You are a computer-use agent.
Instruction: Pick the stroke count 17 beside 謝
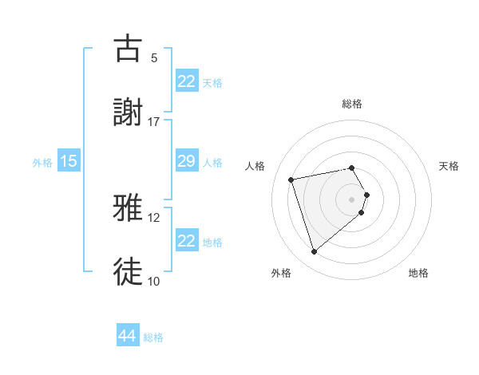[154, 121]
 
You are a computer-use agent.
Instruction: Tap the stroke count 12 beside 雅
[154, 217]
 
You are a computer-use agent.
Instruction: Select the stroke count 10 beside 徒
[154, 281]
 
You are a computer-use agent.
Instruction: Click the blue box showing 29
[186, 161]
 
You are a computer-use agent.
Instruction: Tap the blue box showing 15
[69, 161]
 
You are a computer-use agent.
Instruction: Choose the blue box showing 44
[128, 336]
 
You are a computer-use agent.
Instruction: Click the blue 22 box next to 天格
[186, 81]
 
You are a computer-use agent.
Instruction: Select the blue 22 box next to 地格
[186, 241]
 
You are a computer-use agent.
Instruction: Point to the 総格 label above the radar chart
[352, 104]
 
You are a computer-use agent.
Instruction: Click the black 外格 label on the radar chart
[280, 274]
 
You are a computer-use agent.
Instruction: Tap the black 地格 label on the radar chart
[418, 274]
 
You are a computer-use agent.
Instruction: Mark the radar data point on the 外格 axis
[314, 252]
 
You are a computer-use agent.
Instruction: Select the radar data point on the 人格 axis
[291, 179]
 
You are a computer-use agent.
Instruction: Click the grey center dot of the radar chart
[352, 199]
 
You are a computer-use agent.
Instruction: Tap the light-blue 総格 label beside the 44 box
[153, 337]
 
